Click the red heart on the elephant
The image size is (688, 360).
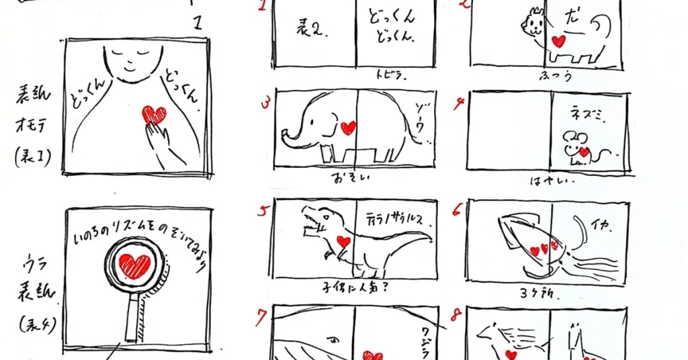[x=348, y=128]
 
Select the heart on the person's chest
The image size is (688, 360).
[x=154, y=115]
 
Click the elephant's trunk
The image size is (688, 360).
[x=290, y=135]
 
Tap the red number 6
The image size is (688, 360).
[x=458, y=210]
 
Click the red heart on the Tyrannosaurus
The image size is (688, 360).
[x=343, y=241]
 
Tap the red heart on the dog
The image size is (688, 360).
[x=558, y=41]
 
